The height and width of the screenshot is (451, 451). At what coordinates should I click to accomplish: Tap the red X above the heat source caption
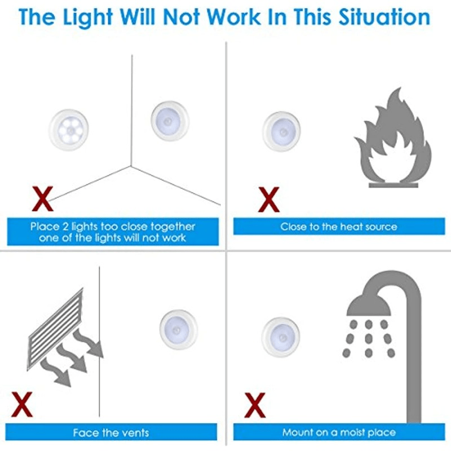[x=268, y=198]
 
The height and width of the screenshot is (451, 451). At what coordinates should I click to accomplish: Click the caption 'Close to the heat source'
[x=338, y=227]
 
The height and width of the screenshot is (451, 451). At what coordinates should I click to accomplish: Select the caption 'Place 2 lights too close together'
[x=113, y=227]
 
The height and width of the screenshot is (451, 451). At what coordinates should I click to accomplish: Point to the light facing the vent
[x=178, y=329]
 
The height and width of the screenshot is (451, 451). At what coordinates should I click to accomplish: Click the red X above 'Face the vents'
[x=23, y=404]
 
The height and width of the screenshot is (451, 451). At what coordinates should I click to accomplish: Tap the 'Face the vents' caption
[x=111, y=432]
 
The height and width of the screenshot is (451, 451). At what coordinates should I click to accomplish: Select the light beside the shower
[x=281, y=336]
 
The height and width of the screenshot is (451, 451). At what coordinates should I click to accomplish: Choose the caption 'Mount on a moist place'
[x=338, y=432]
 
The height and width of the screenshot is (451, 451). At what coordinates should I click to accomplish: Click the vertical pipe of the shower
[x=413, y=361]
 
